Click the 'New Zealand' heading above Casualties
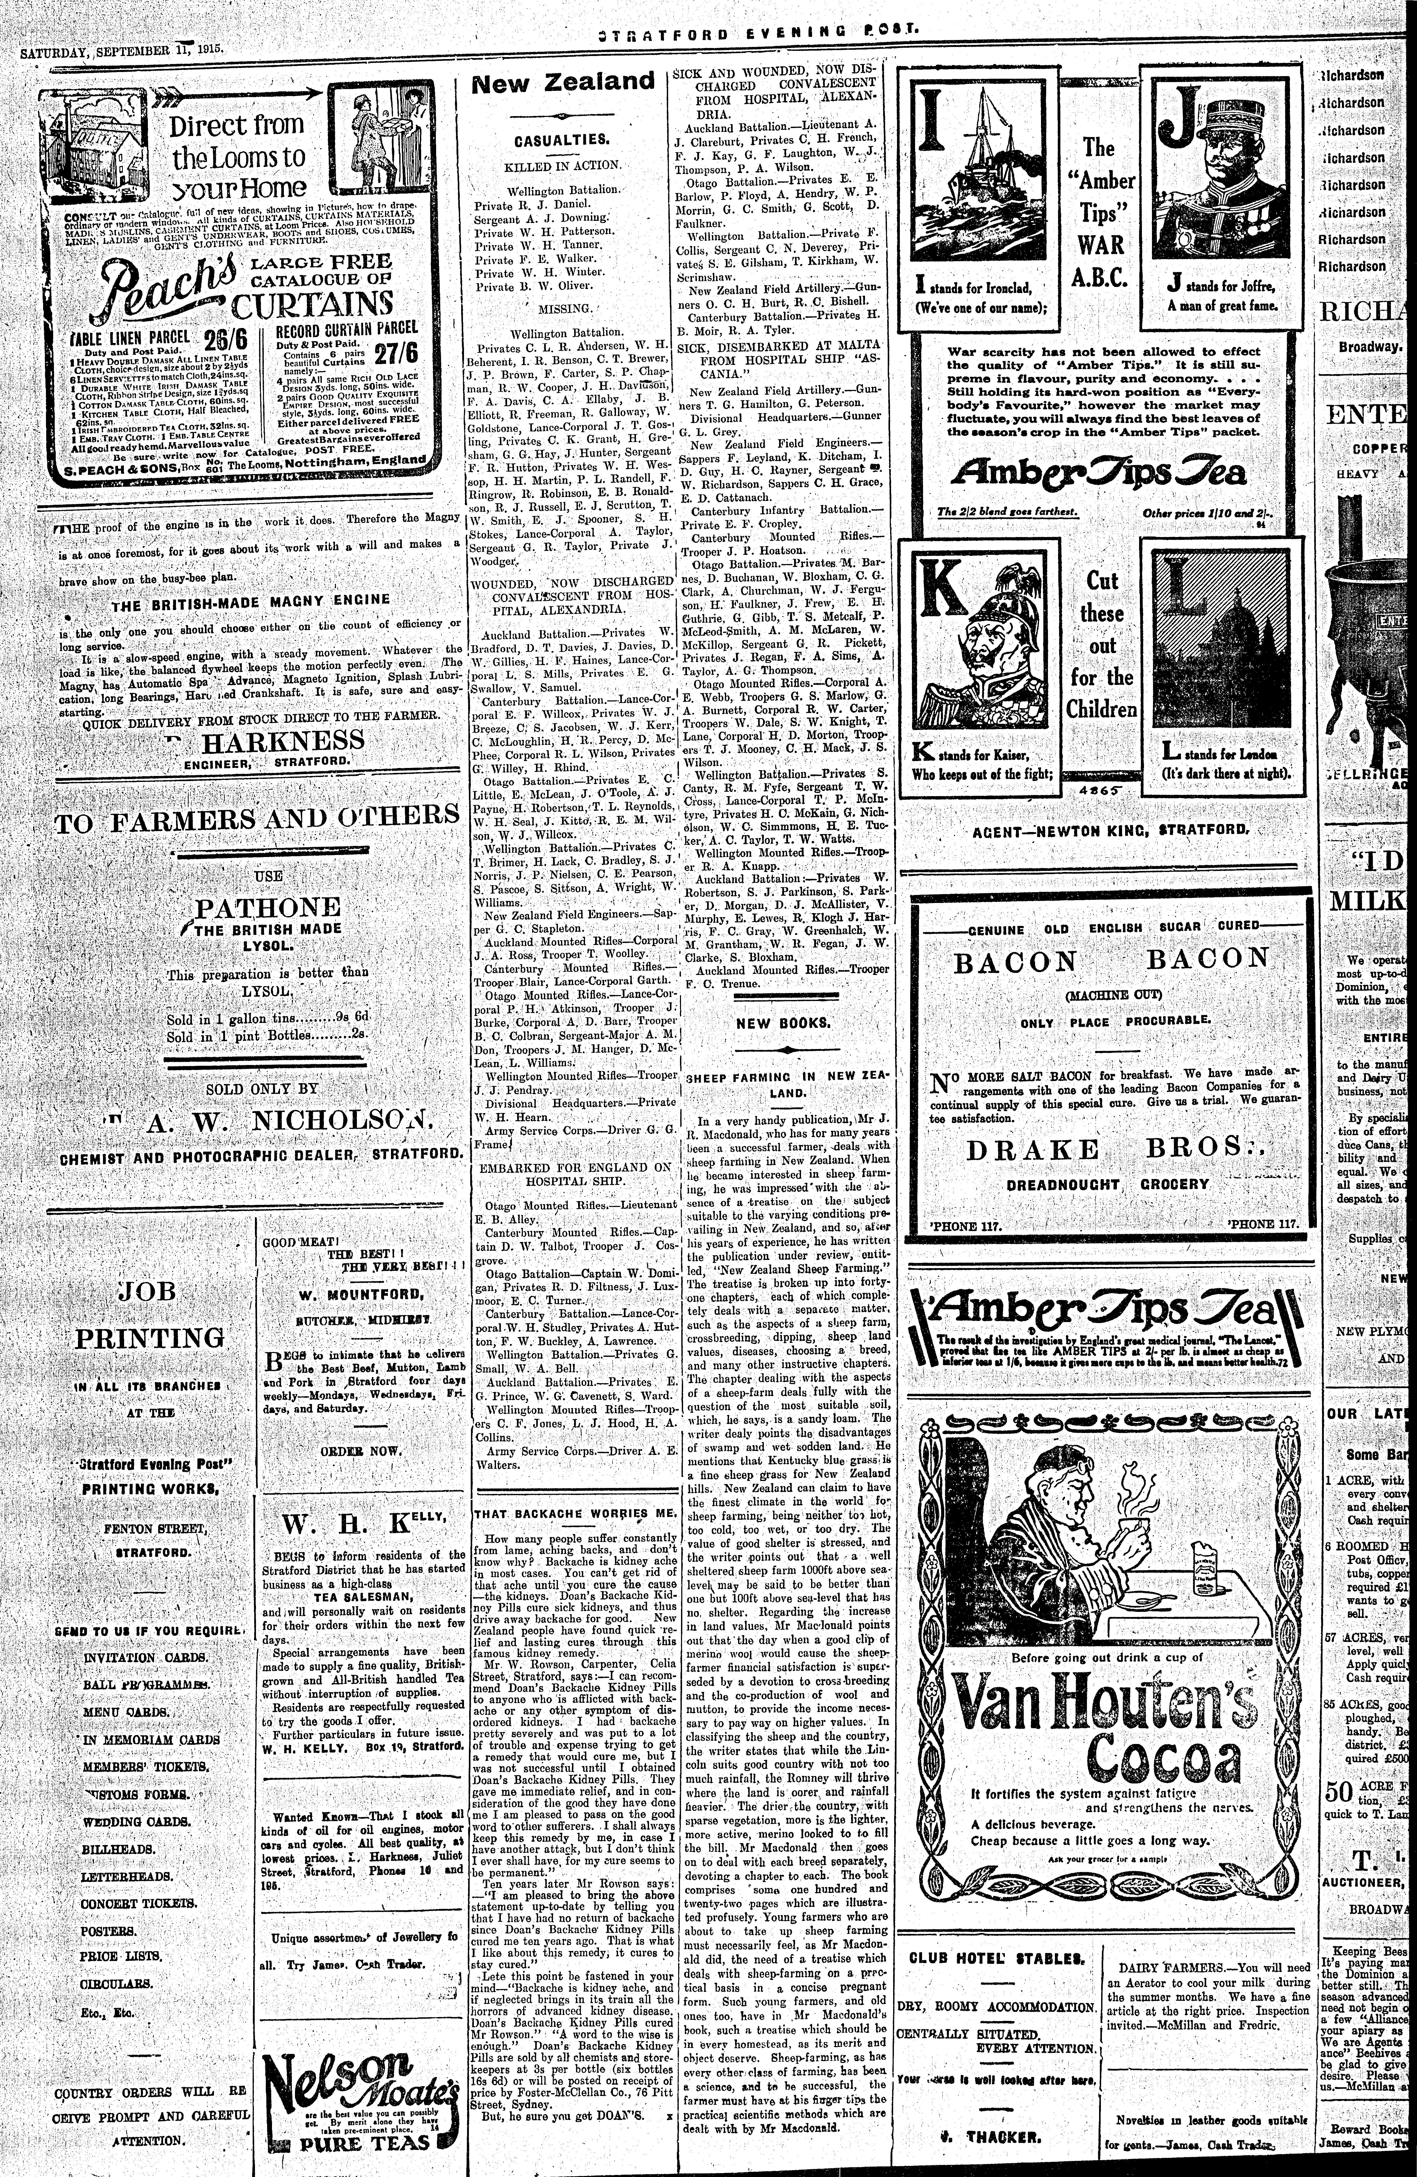pos(563,82)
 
